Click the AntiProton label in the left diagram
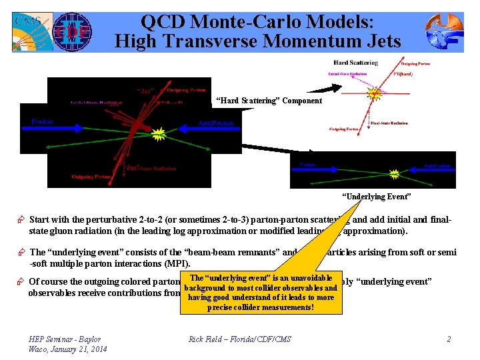[x=215, y=124]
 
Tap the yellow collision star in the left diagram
[x=158, y=135]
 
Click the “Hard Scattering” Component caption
[x=269, y=101]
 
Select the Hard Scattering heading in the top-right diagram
[x=355, y=63]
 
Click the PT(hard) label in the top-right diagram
[x=402, y=74]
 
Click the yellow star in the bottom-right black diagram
[x=395, y=174]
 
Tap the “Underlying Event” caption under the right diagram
[x=377, y=197]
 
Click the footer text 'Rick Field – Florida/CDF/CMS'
[x=239, y=339]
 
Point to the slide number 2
[x=449, y=339]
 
